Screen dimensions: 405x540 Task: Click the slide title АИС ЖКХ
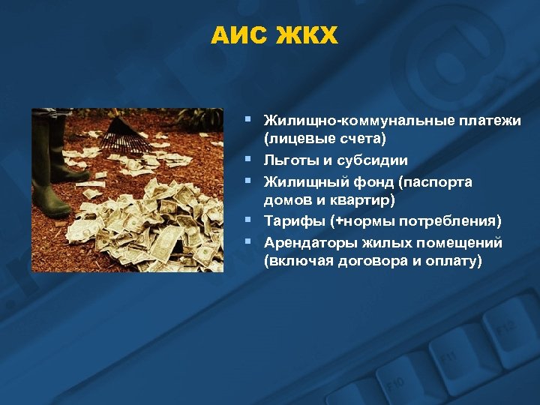click(274, 35)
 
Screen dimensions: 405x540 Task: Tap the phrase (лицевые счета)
click(324, 139)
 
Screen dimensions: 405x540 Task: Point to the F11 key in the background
click(448, 359)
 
